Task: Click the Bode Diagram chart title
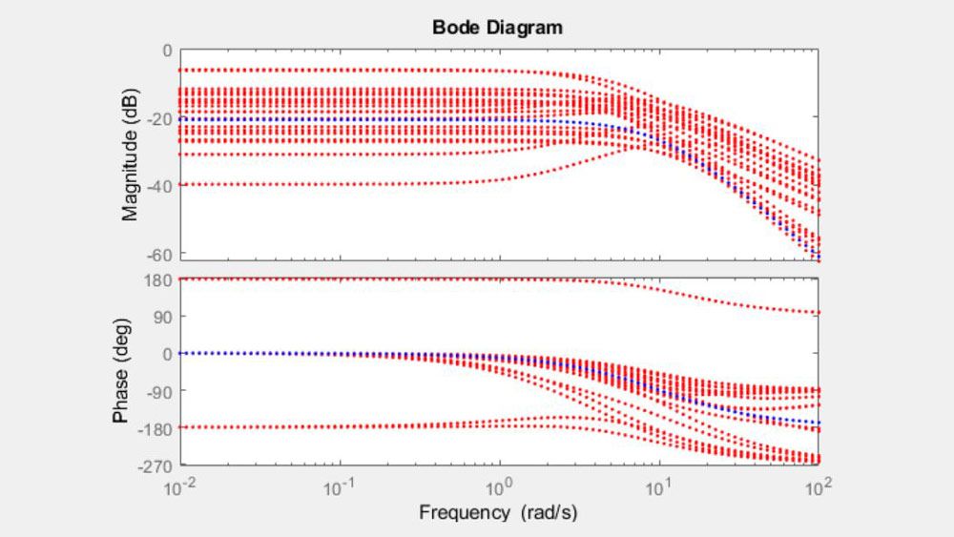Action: click(497, 28)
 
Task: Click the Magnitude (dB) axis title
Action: click(131, 157)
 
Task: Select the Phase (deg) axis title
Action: click(121, 370)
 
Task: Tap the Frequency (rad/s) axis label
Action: click(497, 513)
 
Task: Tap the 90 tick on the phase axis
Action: click(162, 316)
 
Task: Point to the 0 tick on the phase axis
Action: click(168, 354)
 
